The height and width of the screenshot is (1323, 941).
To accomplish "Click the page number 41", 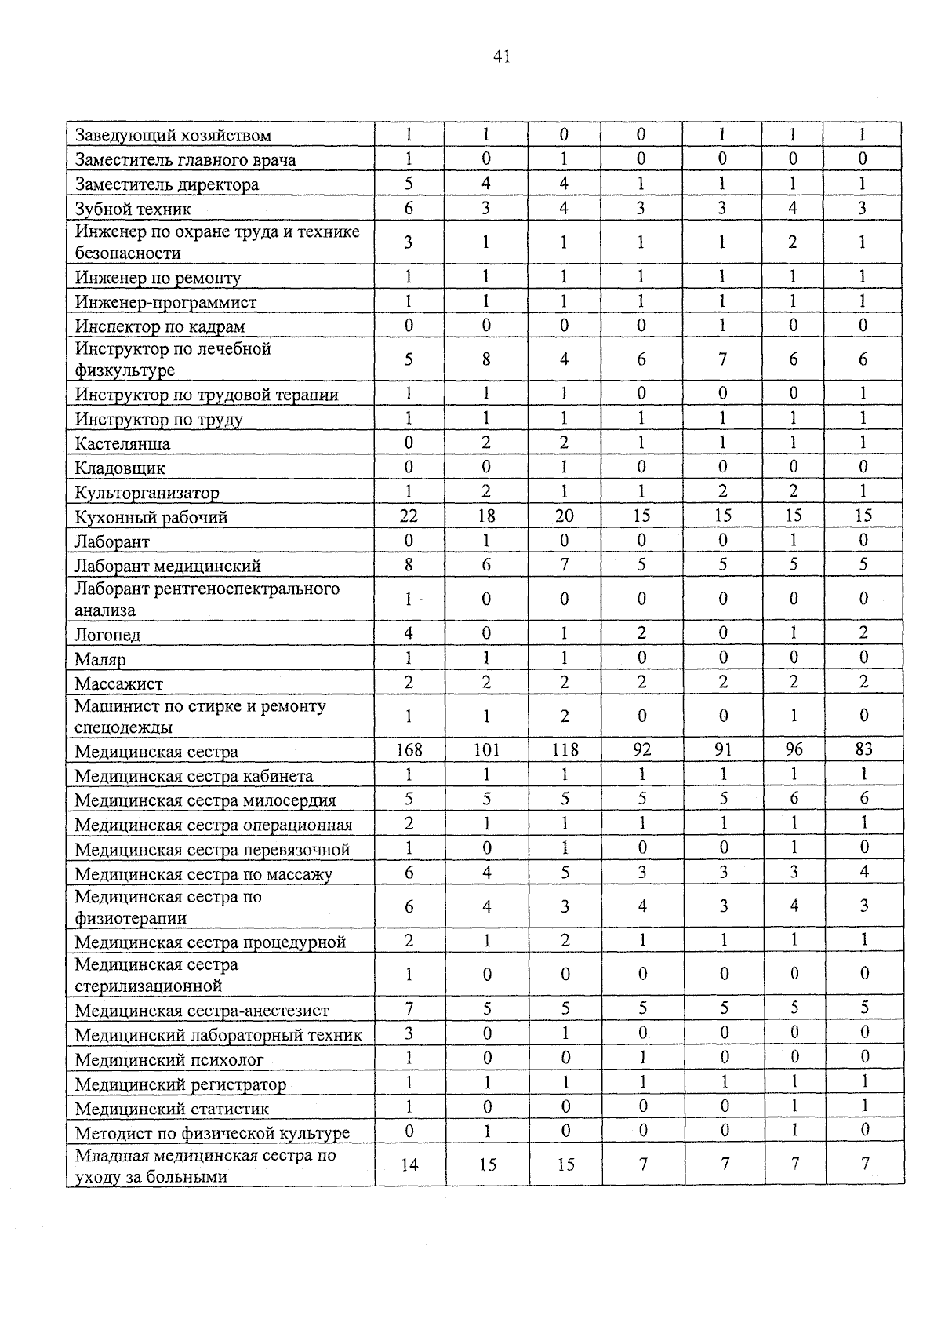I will pos(502,56).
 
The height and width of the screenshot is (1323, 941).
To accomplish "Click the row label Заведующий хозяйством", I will pos(173,136).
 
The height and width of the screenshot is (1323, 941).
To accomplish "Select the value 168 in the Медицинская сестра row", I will pos(409,750).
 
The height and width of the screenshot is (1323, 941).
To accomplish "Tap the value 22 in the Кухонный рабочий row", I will pos(409,516).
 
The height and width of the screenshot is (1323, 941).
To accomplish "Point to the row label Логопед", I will pos(108,635).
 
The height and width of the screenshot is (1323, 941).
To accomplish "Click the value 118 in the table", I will pos(565,750).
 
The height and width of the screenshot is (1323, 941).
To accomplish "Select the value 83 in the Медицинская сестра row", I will pos(863,750).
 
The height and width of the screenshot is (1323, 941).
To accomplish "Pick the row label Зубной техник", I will pos(133,210).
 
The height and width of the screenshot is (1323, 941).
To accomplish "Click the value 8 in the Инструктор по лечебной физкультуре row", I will pos(486,360).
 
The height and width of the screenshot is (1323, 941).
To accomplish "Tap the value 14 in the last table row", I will pos(409,1164).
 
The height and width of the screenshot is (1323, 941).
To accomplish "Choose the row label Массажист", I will pos(119,683).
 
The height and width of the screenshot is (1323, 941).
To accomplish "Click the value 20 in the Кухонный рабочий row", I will pos(565,516).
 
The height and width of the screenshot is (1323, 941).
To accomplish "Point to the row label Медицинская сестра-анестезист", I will pos(202,1011).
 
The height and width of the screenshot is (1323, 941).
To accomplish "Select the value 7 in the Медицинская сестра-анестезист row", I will pos(409,1008).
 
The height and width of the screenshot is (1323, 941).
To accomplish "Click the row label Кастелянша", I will pos(122,444).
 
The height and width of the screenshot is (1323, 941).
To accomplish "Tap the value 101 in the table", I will pos(486,750).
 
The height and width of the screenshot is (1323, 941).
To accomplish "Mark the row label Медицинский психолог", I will pos(169,1060).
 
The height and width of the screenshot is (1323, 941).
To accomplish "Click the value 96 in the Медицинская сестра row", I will pos(794,750).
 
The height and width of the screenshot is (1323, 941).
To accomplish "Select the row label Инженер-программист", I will pos(165,303).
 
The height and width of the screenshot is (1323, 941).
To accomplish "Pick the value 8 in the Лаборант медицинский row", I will pos(409,565).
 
